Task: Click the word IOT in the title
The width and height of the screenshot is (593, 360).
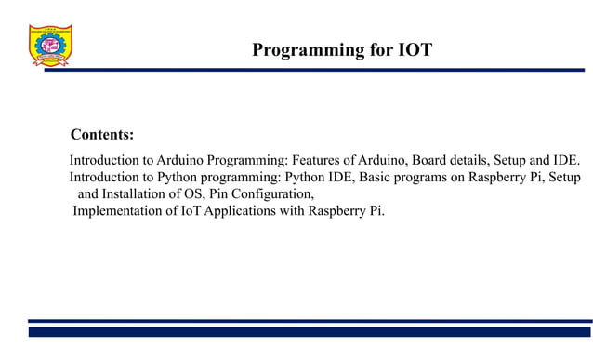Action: pos(414,50)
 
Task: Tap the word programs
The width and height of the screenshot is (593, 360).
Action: pos(424,177)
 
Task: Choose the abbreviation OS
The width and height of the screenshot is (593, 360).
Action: pos(207,194)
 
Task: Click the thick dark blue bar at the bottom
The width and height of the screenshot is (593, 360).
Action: pos(310,332)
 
